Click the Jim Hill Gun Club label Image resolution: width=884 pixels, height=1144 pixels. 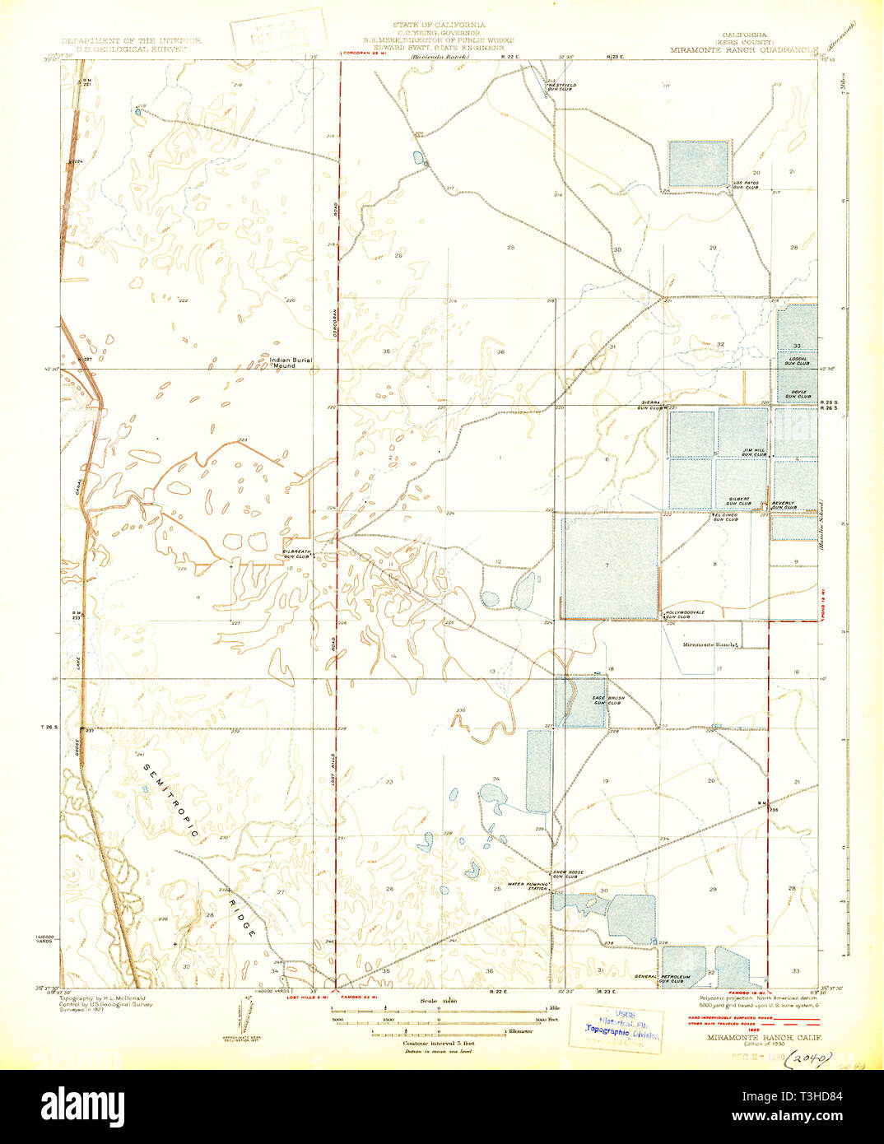[754, 452]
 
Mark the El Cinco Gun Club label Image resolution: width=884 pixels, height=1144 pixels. [725, 518]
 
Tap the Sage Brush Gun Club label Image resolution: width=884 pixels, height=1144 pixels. [607, 700]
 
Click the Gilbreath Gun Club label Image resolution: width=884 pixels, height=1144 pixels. [296, 554]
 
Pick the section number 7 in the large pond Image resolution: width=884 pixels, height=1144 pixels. [607, 565]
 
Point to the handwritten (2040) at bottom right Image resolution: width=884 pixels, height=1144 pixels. [809, 1058]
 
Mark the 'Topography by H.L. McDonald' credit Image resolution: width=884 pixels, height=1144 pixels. [103, 999]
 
